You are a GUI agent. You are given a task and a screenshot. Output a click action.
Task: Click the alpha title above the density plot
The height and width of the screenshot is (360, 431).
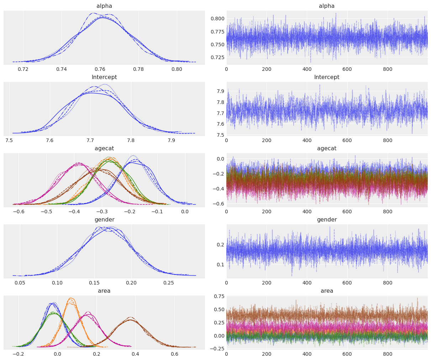point(104,6)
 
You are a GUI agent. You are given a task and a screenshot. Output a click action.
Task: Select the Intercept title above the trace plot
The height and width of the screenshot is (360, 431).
point(327,77)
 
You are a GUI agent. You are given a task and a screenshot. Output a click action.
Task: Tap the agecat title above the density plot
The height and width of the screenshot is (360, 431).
point(104,148)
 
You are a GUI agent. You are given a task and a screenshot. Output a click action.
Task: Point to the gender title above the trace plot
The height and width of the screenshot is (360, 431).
point(327,220)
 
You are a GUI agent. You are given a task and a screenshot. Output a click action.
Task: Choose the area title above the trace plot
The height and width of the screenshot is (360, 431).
point(327,291)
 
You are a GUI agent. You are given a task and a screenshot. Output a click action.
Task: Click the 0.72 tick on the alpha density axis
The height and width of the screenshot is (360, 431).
point(23,69)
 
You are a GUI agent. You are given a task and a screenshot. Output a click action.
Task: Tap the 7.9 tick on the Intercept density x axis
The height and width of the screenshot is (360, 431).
point(172,140)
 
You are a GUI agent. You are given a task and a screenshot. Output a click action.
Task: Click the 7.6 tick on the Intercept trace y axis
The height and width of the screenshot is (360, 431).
point(220,124)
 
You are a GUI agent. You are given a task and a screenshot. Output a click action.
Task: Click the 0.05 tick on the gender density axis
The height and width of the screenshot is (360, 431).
point(20,283)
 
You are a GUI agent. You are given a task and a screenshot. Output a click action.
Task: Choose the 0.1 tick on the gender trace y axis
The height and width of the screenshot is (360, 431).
point(221,264)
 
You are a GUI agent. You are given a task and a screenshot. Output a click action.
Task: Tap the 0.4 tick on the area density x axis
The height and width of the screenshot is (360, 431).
point(135,354)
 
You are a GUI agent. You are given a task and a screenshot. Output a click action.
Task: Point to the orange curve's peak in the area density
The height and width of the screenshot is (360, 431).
point(71,298)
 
